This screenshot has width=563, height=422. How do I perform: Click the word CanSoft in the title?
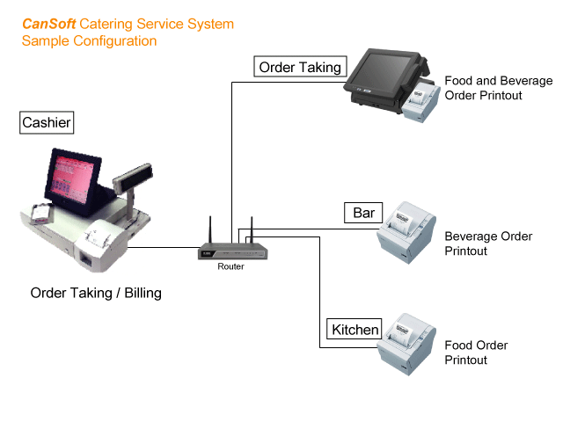(48, 24)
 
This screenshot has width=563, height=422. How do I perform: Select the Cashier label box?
(47, 123)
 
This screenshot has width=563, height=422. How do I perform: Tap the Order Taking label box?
(300, 66)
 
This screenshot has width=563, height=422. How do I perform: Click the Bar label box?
(363, 214)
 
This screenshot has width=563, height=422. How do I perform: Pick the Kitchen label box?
(355, 331)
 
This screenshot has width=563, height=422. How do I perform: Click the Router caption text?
(230, 266)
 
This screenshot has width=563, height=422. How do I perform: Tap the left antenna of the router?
(210, 230)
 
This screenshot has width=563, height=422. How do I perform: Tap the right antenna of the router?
(251, 230)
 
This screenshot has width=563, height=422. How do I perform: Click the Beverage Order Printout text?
(488, 244)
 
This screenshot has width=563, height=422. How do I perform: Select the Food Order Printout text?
(476, 353)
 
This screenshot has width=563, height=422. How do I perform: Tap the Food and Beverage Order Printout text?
(498, 87)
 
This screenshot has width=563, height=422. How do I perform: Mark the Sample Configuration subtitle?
(90, 40)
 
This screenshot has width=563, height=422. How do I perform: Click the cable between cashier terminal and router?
(167, 248)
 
